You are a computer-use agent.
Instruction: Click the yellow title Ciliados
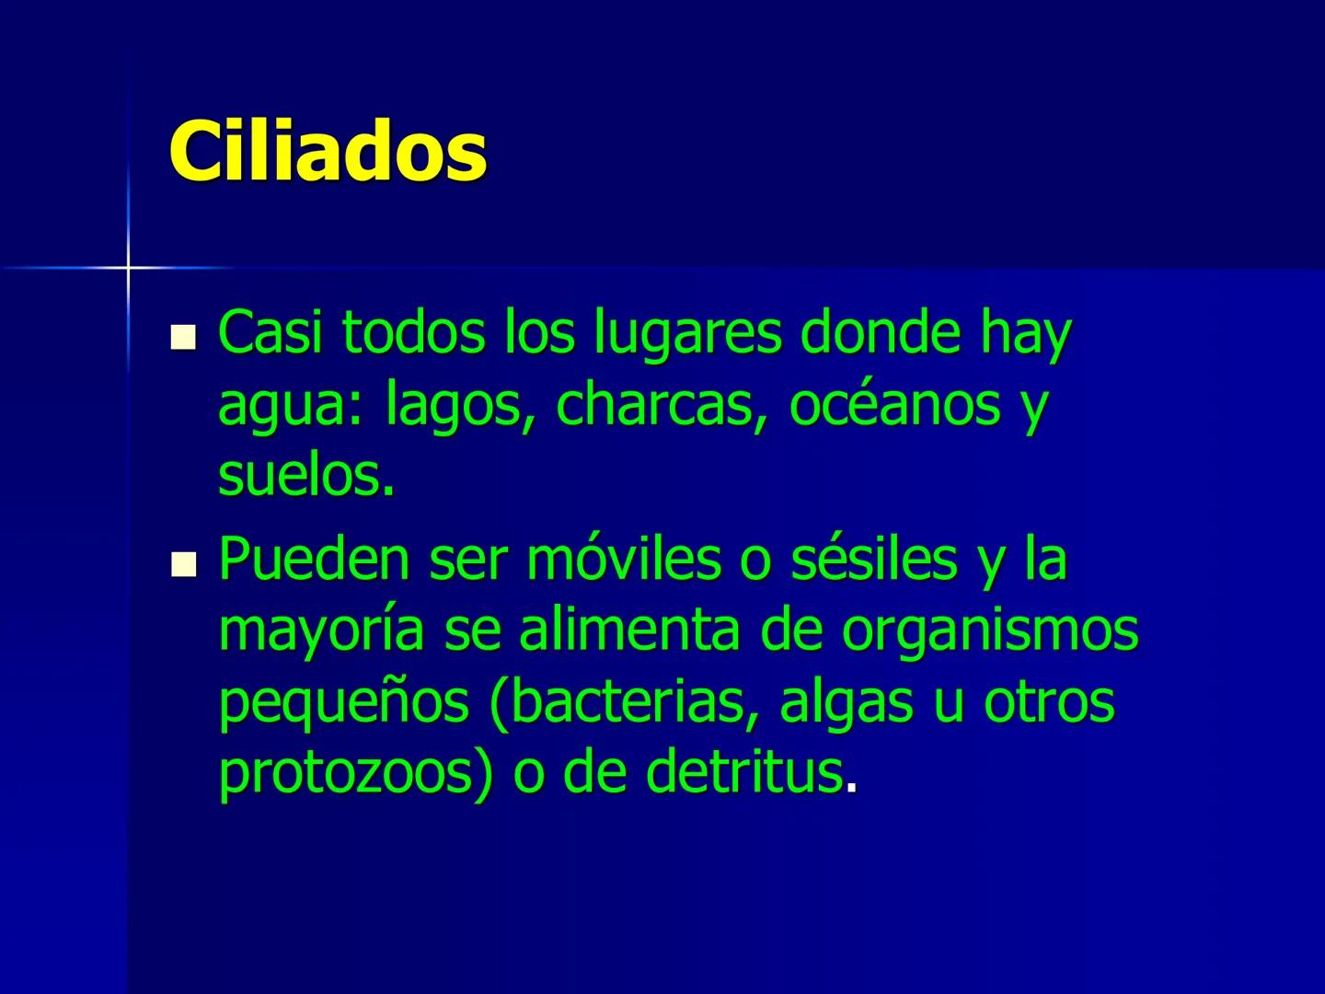pos(328,151)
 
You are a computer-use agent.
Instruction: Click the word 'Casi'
pos(271,333)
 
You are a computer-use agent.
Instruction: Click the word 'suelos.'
pos(306,477)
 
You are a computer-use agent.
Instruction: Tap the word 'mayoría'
pos(322,631)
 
